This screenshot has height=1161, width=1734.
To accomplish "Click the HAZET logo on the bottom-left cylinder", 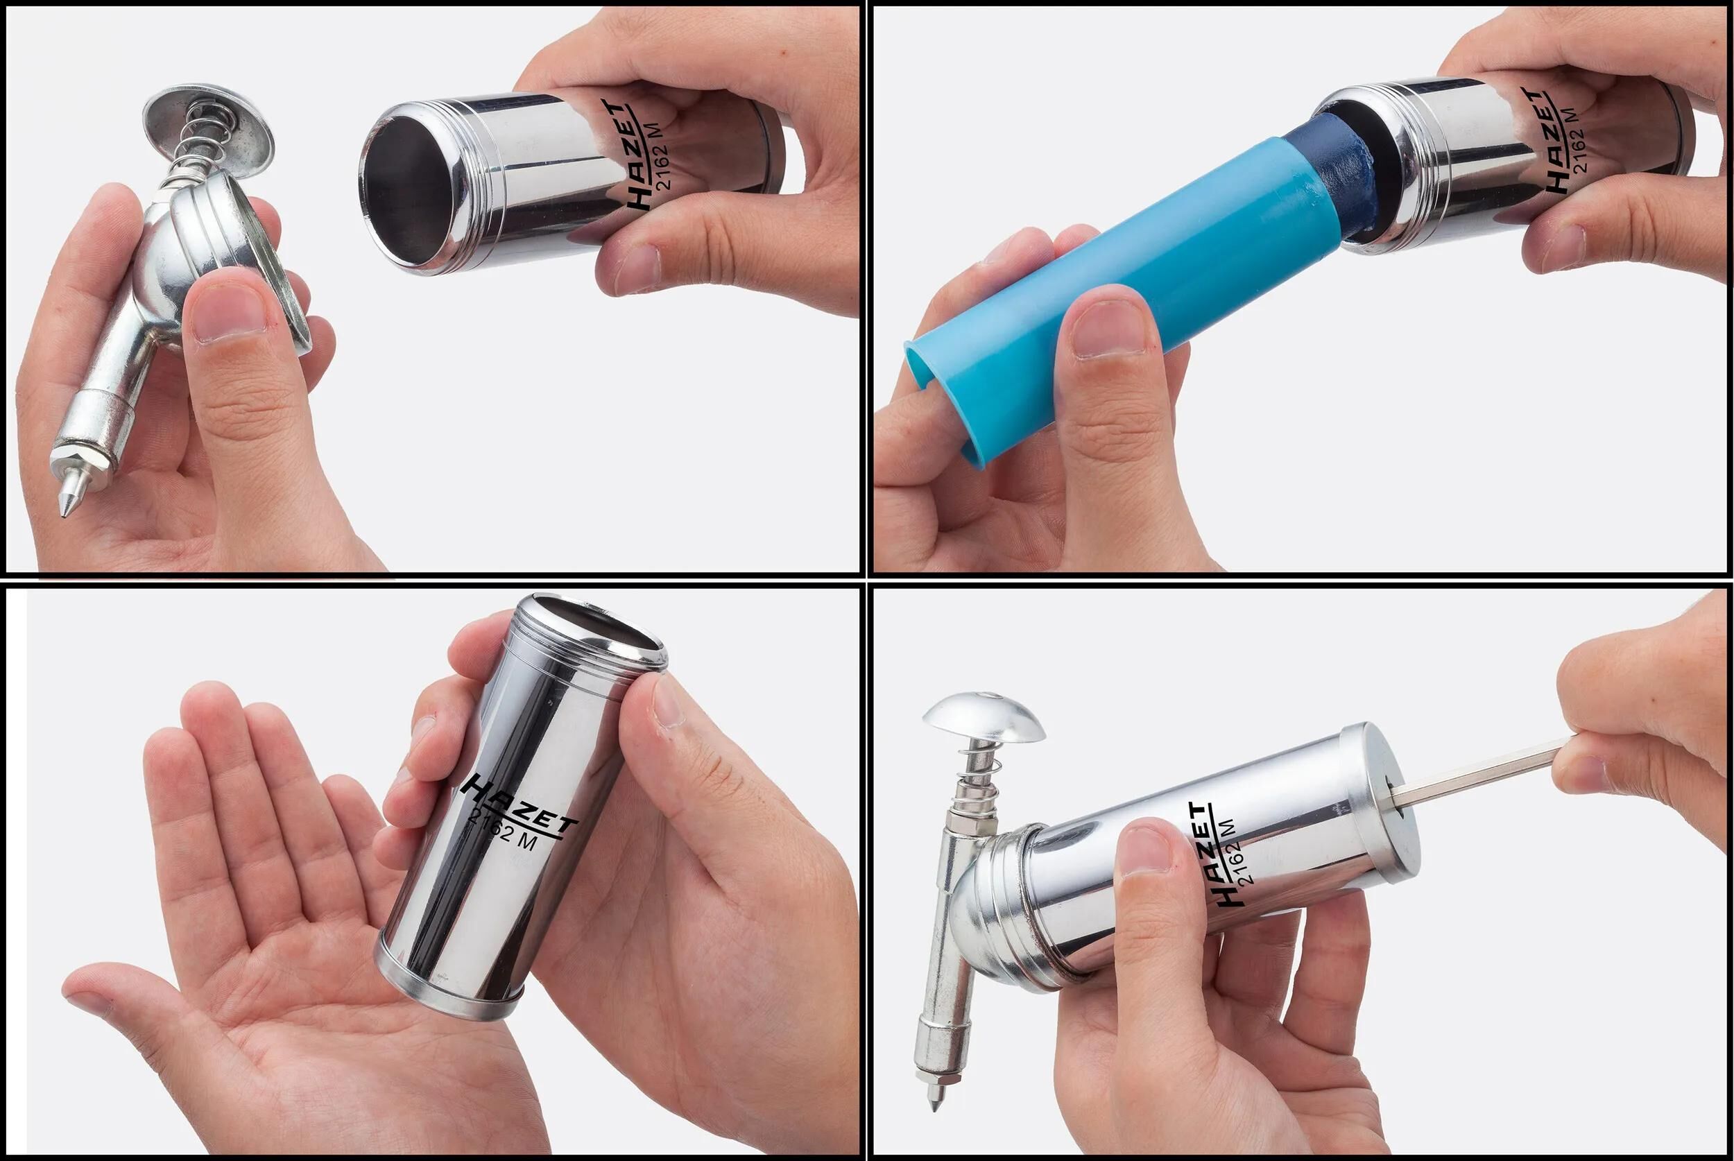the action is [x=518, y=807].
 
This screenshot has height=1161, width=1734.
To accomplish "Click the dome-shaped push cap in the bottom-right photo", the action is [x=983, y=716].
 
